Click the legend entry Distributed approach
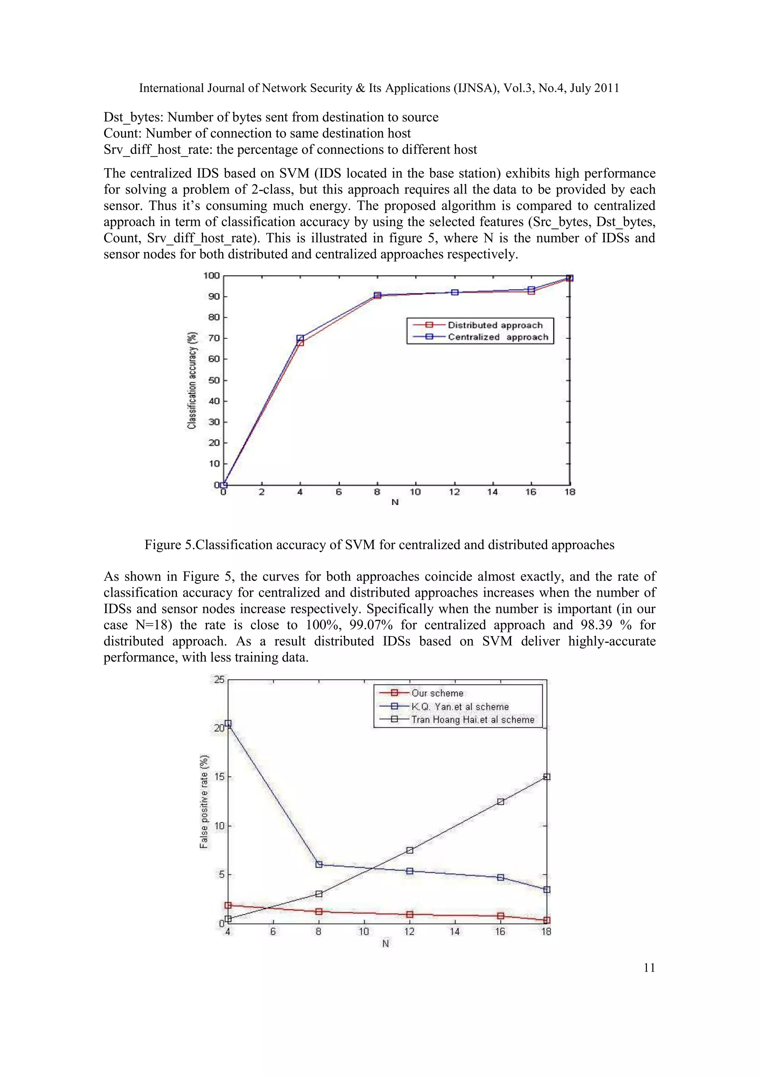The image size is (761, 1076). pos(495,325)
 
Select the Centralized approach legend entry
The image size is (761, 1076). pos(498,337)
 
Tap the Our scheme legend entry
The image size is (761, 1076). pos(437,693)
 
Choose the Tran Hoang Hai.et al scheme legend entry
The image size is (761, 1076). pos(472,720)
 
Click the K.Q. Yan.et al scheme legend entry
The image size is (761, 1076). pos(460,707)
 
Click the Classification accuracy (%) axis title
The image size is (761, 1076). pos(192,380)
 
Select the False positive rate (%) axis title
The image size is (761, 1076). pos(204,801)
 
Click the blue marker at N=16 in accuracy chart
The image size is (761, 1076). pos(531,290)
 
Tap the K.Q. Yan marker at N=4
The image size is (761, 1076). pos(228,723)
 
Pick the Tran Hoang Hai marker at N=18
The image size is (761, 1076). pos(546,777)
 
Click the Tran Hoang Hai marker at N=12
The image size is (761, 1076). pos(409,850)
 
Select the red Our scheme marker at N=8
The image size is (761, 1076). pos(319,911)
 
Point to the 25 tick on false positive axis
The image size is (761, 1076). pos(219,680)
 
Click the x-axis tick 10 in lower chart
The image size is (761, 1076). pos(364,932)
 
